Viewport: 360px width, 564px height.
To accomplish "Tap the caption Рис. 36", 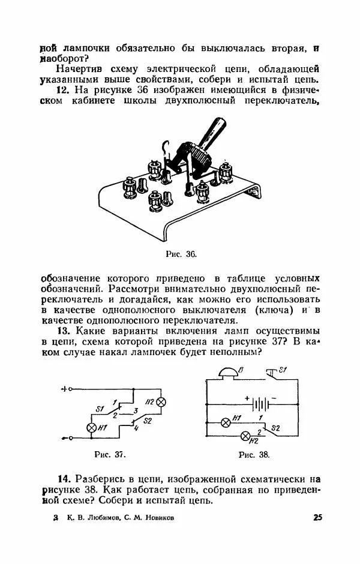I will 181,254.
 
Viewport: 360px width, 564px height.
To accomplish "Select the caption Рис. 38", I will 254,454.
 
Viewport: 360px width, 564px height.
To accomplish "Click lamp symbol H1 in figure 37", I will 92,428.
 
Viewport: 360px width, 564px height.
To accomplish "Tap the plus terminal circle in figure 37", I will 70,389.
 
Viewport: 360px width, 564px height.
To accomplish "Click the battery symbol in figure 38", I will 259,401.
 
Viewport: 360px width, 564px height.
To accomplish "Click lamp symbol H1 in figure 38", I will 226,422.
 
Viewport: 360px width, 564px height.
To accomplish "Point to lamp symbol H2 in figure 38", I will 244,436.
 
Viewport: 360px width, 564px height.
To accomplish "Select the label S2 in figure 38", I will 275,428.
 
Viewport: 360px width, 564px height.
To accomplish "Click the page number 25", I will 317,517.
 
